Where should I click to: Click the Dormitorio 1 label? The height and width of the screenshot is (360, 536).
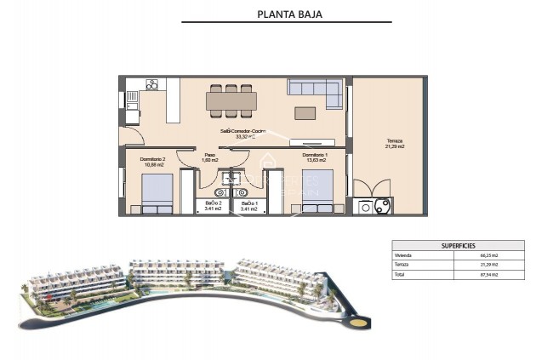pos(314,158)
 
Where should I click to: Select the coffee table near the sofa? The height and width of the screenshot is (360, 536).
pos(305,112)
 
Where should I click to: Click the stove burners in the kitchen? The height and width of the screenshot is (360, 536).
pos(152,84)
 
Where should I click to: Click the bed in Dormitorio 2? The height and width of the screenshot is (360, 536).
pos(157,194)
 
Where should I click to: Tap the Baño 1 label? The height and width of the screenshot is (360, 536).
pos(249,206)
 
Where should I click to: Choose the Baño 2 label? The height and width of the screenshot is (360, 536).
pos(214,206)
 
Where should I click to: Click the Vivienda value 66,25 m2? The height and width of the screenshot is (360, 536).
pos(488,255)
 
